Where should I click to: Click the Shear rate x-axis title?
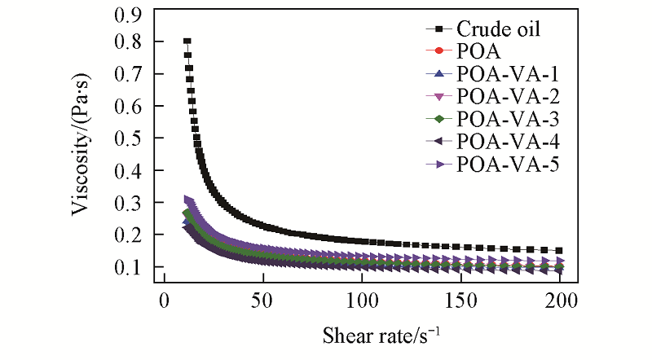[x=362, y=334]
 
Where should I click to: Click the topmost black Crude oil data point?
[x=187, y=41]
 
